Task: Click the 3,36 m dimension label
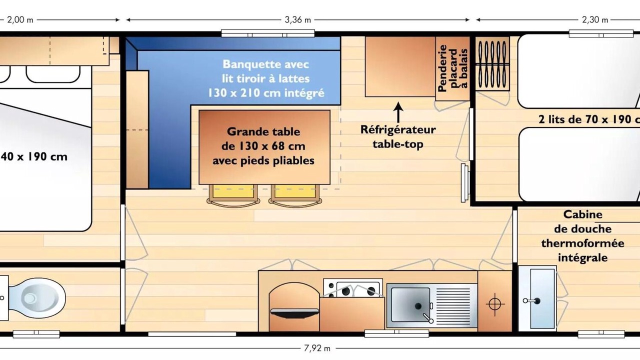[297, 19]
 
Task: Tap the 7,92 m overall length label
[317, 348]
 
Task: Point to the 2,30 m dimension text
[595, 19]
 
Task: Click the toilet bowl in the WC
[37, 297]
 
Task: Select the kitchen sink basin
[410, 304]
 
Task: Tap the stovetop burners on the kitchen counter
[353, 288]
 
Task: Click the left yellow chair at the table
[233, 195]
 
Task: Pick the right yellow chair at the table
[295, 195]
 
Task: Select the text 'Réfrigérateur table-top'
[398, 137]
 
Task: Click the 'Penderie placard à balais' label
[453, 68]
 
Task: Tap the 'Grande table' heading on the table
[263, 131]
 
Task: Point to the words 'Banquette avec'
[265, 64]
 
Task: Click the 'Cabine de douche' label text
[583, 221]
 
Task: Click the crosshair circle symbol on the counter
[495, 303]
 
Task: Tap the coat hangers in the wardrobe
[492, 64]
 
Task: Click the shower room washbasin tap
[531, 300]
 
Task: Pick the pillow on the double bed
[53, 74]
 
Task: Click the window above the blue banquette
[268, 33]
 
